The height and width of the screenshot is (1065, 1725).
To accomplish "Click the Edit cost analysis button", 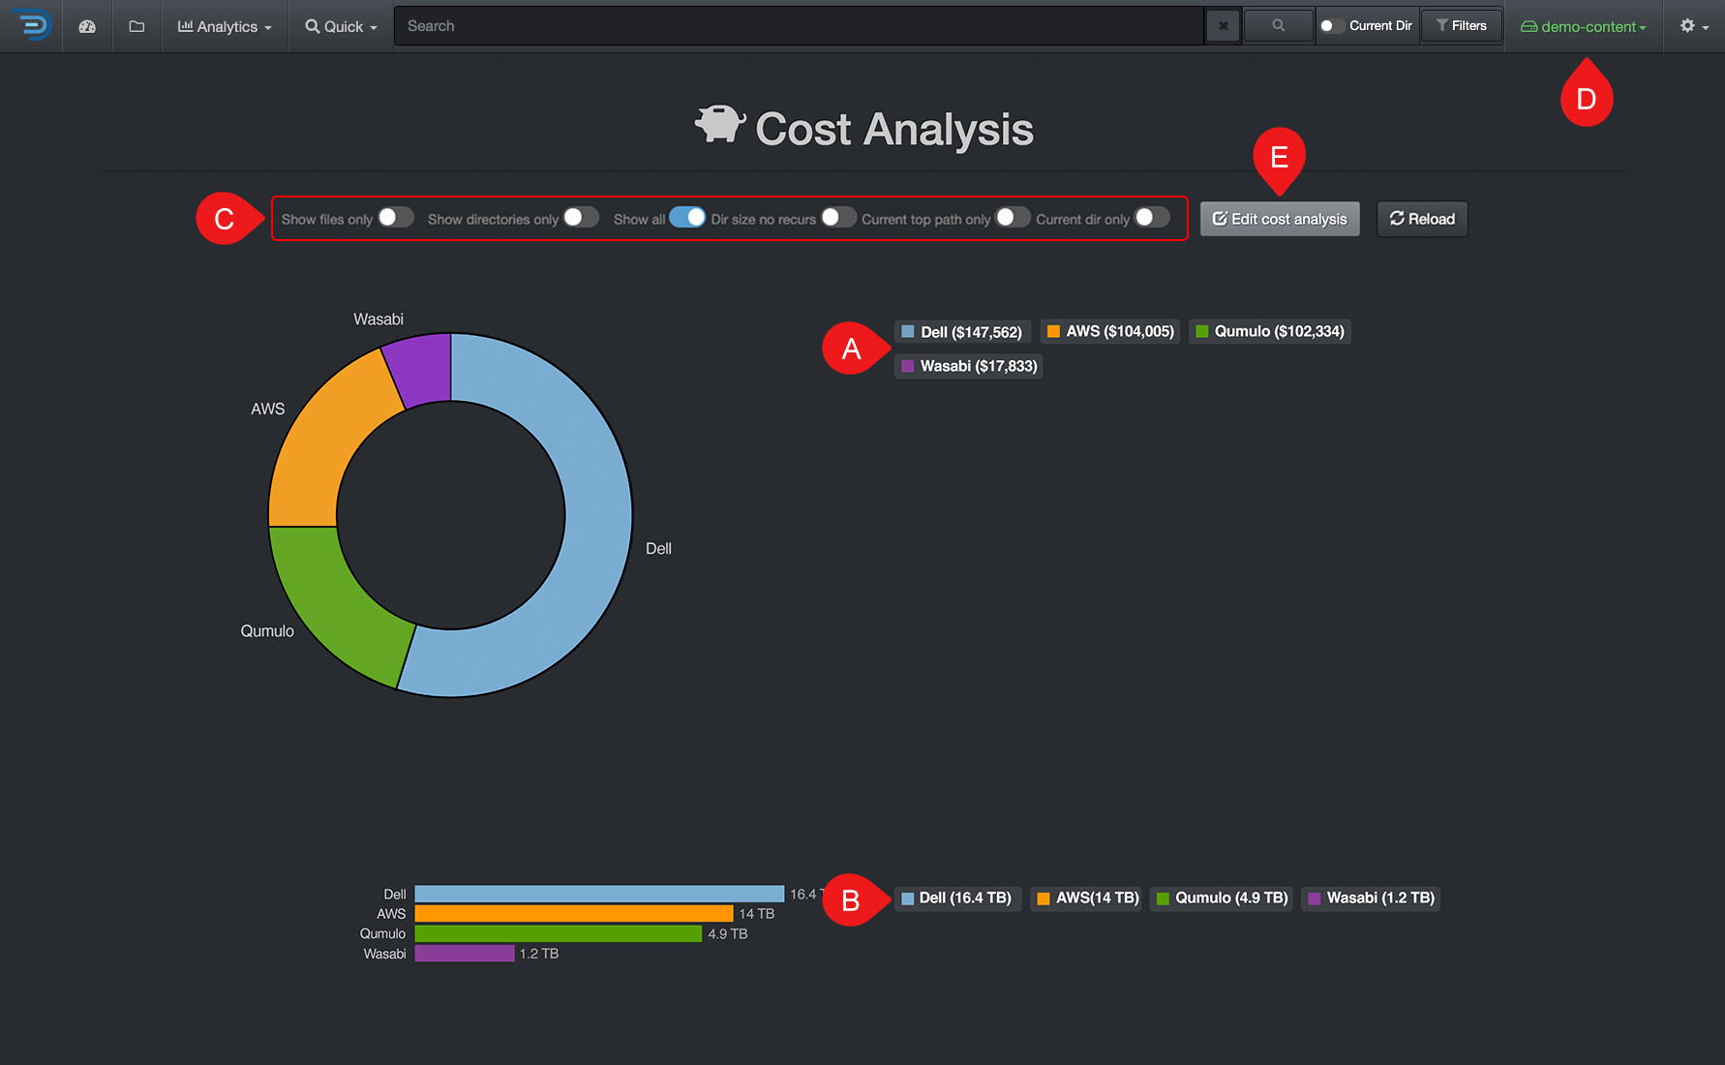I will pos(1279,219).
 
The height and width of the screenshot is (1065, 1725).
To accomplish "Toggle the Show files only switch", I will pos(395,218).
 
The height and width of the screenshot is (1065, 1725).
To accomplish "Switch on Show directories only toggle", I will pos(581,218).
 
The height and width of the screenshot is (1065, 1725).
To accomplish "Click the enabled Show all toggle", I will pos(687,218).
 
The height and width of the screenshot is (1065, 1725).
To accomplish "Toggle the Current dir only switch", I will pos(1151,218).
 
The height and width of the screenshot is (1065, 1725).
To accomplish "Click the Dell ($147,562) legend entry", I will pos(962,332).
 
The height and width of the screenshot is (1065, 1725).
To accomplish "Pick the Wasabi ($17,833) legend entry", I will pos(969,366).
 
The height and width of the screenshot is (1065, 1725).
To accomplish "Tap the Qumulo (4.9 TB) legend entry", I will pos(1222,898).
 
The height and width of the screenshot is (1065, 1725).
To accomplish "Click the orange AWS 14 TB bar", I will pos(573,913).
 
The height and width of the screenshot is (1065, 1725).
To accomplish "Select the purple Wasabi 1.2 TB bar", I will pos(465,954).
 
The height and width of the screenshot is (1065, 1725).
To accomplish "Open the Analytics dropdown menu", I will pos(225,26).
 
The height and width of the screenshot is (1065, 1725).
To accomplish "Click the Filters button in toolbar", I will pos(1461,26).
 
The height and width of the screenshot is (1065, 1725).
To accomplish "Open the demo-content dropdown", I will pos(1584,26).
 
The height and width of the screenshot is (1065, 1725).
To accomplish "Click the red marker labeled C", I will pos(224,219).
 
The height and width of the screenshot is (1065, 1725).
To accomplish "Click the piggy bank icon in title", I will pos(718,125).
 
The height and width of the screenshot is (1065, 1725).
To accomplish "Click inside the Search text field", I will pos(799,26).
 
